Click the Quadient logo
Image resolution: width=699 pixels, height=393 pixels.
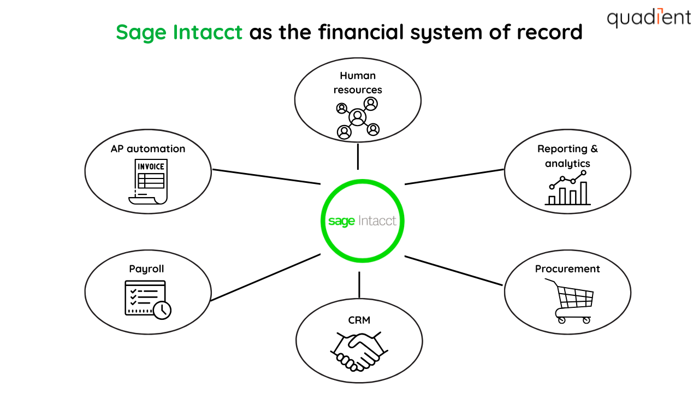point(649,18)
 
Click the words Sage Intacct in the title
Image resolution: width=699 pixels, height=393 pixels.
point(179,33)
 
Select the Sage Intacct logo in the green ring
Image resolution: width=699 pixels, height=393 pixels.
point(362,221)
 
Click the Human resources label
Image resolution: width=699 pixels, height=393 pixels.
point(358,82)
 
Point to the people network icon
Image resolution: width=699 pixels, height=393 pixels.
point(358,117)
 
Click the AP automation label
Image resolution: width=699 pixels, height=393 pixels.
point(148,148)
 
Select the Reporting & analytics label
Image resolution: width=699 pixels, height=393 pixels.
point(567,156)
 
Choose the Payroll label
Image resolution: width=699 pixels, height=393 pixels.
point(146,269)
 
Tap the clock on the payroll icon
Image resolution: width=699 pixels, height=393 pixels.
point(162,310)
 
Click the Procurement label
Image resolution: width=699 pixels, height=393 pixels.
point(567,269)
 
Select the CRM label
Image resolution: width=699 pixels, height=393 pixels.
point(359,320)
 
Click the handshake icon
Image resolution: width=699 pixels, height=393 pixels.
point(358,350)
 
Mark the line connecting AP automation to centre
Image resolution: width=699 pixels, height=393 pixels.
point(266,177)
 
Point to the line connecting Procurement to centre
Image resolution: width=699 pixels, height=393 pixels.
point(453,271)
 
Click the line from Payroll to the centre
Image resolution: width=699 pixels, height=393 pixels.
point(265,277)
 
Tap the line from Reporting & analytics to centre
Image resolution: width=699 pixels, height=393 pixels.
point(454,177)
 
